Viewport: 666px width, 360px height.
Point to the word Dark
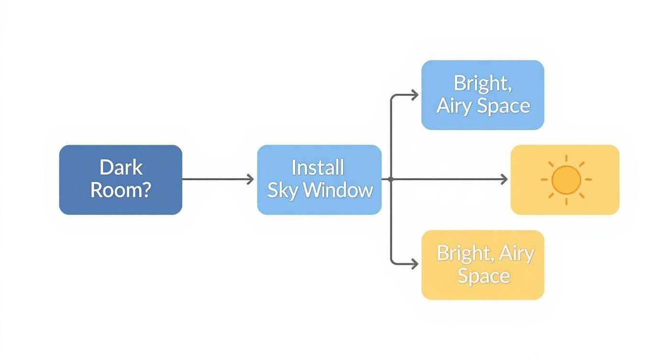coord(121,168)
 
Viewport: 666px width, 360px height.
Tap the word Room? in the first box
coord(121,190)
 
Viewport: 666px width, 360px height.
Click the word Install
coord(318,168)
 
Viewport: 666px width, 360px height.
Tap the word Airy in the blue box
coord(455,106)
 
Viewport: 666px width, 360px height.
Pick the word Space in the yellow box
coord(483,276)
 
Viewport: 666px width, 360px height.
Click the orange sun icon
coord(566,180)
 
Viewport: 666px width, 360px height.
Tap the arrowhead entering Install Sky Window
coord(251,180)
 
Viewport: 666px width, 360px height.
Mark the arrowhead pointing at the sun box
coord(504,180)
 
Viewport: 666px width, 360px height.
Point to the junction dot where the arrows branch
coord(391,180)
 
